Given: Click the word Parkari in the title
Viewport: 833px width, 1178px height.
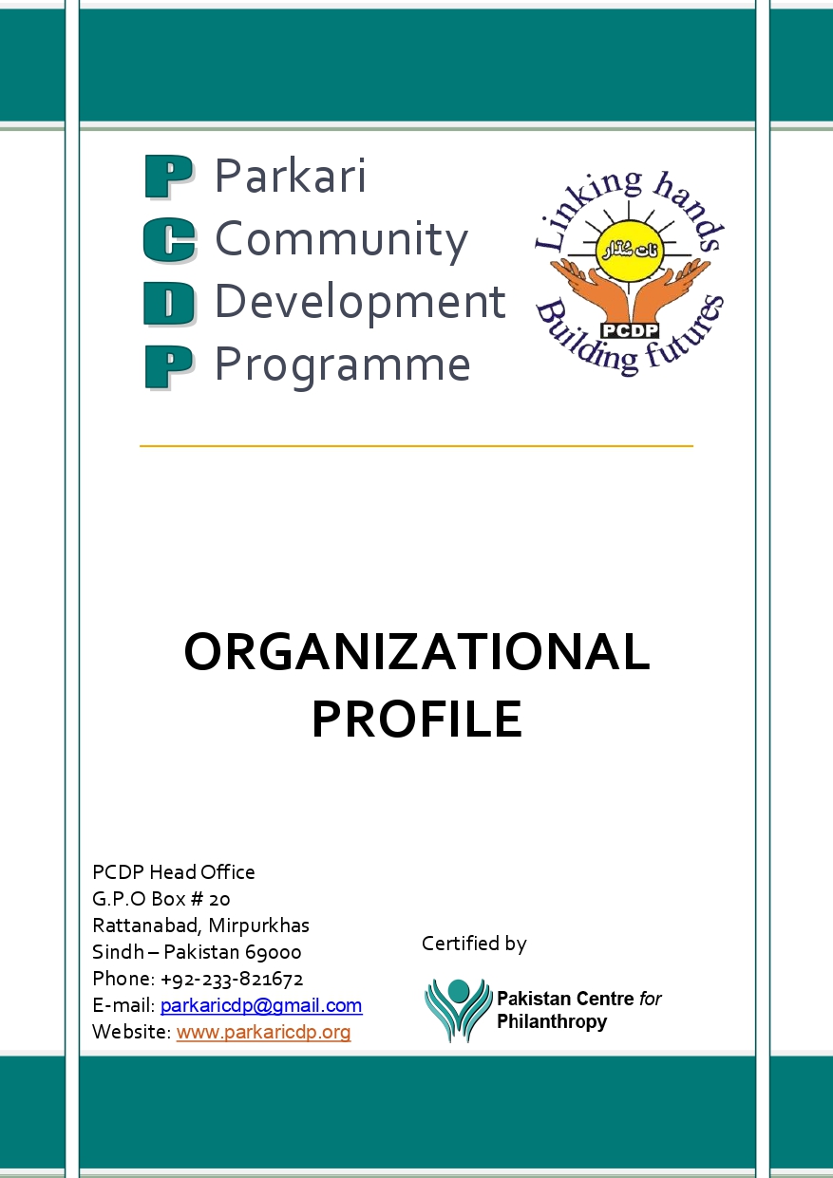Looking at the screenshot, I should click(x=291, y=177).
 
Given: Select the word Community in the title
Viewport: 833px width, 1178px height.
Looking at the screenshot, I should click(x=341, y=239).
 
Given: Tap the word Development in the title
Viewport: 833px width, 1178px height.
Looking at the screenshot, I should click(x=360, y=302).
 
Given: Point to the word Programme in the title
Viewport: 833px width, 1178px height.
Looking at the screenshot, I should click(x=342, y=365).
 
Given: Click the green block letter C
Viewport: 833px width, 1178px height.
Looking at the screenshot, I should click(x=169, y=240).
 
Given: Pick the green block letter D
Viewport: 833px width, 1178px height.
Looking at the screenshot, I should click(x=169, y=304).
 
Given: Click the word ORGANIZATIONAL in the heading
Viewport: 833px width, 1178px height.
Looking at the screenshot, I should click(x=416, y=653).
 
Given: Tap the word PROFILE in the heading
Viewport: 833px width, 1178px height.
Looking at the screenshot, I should click(x=416, y=719).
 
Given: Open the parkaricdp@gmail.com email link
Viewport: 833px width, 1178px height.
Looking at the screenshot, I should click(x=261, y=1005).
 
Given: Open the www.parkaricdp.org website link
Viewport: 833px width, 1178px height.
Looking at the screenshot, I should click(x=263, y=1032).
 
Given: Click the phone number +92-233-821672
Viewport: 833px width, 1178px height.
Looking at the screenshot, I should click(x=232, y=979).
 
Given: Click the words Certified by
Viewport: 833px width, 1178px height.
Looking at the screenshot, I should click(x=474, y=944).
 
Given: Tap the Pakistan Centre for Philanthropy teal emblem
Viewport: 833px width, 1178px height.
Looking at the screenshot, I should click(x=458, y=1010).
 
